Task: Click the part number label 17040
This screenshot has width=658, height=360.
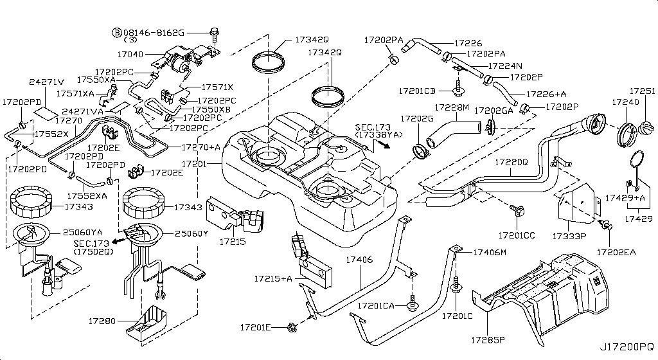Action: (x=130, y=55)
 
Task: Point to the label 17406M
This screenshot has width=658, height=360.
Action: (x=490, y=252)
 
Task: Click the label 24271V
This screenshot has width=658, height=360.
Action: (x=46, y=82)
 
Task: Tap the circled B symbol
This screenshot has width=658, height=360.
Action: (x=117, y=32)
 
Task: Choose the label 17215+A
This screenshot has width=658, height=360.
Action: (x=272, y=278)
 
